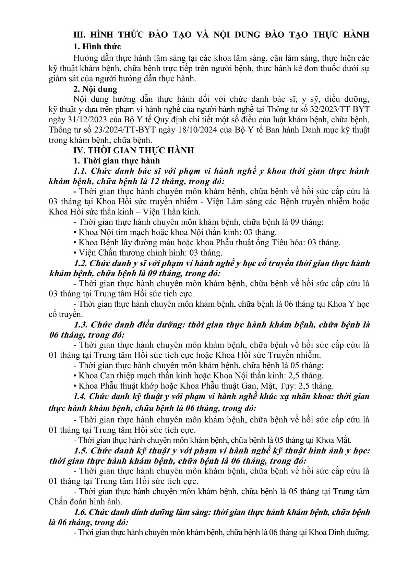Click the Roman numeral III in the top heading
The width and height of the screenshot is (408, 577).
tap(80, 35)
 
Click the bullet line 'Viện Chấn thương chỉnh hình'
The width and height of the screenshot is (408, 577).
tap(151, 253)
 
